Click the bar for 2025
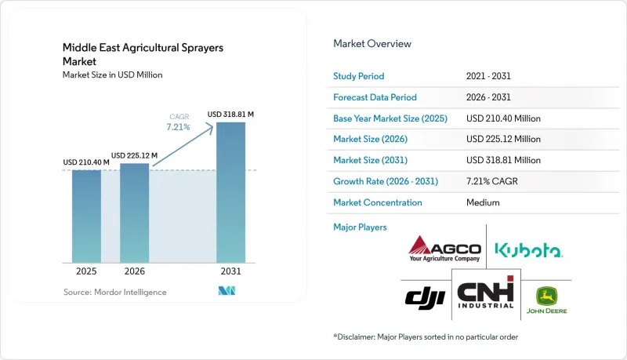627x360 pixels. tap(86, 216)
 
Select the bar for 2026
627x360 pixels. tap(134, 213)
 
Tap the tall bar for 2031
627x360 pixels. tap(230, 192)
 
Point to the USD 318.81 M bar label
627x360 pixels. tap(230, 115)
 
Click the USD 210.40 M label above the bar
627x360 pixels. tap(86, 162)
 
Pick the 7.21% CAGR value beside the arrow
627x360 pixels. tap(179, 127)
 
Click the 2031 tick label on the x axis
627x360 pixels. tap(230, 271)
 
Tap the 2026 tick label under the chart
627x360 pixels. tap(134, 271)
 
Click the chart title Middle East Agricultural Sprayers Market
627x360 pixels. tap(143, 54)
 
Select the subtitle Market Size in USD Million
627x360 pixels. tap(112, 75)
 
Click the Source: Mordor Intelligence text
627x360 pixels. tap(114, 292)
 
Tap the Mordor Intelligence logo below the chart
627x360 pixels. tap(227, 291)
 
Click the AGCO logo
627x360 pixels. tap(444, 249)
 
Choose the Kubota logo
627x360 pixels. tap(528, 250)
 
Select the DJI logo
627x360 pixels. tap(425, 298)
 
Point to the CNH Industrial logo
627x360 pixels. tap(486, 293)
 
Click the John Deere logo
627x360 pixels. tap(546, 300)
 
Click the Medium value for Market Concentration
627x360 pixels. tap(483, 202)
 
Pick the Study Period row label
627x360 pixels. tap(359, 76)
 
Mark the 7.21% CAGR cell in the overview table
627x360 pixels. tap(492, 181)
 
